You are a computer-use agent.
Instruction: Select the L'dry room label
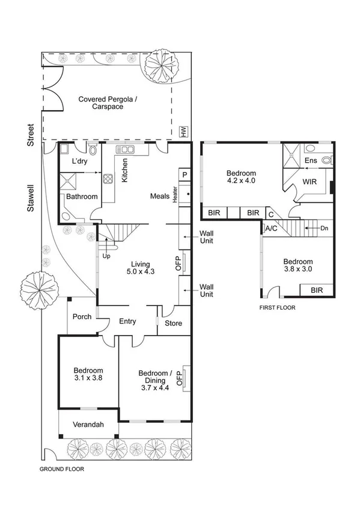(x=80, y=162)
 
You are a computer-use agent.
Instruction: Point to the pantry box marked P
(x=184, y=174)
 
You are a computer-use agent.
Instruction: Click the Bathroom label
(x=82, y=197)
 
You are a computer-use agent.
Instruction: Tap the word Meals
(x=160, y=196)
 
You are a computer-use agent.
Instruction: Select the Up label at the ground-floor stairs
(x=107, y=256)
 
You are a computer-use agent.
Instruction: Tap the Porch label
(x=82, y=317)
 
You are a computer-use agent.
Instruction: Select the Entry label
(x=127, y=322)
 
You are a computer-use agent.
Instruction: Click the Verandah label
(x=88, y=425)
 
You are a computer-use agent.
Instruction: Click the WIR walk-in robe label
(x=310, y=181)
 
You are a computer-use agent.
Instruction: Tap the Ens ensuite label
(x=311, y=161)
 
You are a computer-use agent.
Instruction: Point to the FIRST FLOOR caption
(x=277, y=307)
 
